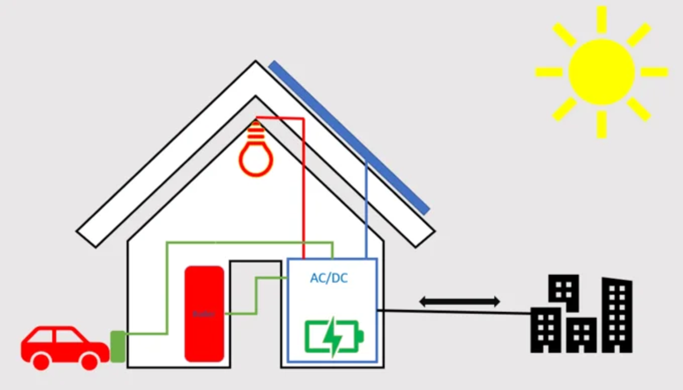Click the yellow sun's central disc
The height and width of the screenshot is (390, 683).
point(602,72)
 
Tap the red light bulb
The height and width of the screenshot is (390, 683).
point(256,157)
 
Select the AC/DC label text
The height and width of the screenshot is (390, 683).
point(329,279)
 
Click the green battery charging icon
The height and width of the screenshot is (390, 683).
point(334,336)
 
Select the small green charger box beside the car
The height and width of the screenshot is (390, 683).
point(118,346)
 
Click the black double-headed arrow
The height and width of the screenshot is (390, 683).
point(460,302)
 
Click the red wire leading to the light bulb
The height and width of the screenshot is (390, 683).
point(303,188)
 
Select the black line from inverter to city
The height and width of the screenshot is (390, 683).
point(455,312)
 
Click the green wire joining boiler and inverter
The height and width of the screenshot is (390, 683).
point(256,296)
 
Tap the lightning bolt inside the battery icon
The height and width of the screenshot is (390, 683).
point(332,336)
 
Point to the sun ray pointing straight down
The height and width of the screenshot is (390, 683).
point(602,124)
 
